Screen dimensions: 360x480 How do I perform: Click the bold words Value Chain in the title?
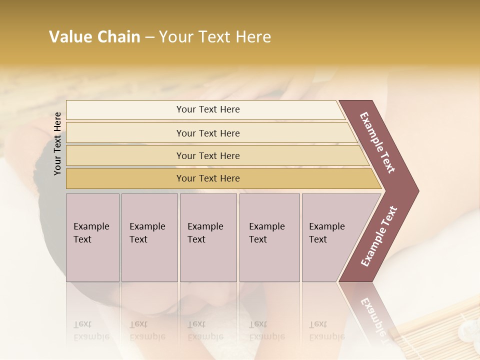94,37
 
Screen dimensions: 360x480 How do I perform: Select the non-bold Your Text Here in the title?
215,37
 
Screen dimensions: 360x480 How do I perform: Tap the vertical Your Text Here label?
57,143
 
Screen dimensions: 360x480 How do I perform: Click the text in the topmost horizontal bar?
208,109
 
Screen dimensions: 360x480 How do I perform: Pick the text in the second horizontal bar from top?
208,133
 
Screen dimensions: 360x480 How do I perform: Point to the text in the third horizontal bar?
208,156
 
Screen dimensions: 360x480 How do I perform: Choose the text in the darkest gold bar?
208,178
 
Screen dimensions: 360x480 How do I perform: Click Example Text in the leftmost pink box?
91,233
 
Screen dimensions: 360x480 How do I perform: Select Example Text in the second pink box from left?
147,233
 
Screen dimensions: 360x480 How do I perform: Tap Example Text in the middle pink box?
205,233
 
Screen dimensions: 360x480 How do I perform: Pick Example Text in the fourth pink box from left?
266,233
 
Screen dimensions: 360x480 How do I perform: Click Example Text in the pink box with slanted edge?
326,233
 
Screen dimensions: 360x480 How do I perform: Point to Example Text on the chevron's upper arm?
377,142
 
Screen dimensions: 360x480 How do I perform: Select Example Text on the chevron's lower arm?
379,236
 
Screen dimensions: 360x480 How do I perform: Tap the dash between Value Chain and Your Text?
149,37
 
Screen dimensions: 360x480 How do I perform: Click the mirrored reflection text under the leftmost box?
91,330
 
